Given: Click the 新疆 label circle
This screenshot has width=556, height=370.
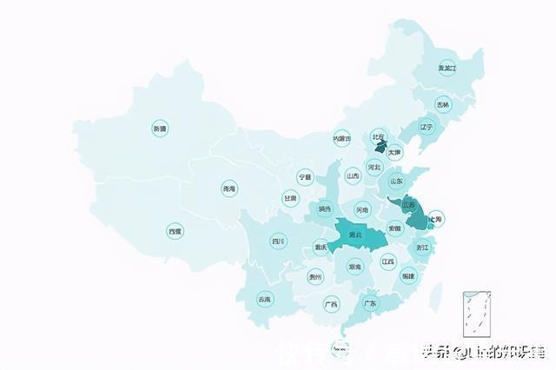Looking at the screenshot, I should pyautogui.click(x=159, y=129).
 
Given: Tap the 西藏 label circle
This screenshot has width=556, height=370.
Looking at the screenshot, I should pyautogui.click(x=175, y=231).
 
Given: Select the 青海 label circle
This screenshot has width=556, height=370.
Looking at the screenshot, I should pyautogui.click(x=228, y=188).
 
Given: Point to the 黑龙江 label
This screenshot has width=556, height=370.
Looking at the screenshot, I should pyautogui.click(x=447, y=68).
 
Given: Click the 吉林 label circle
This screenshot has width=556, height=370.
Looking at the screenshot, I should pyautogui.click(x=443, y=105).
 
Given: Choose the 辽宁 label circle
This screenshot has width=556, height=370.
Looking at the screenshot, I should pyautogui.click(x=426, y=127).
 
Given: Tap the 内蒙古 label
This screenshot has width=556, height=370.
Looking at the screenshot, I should pyautogui.click(x=341, y=138).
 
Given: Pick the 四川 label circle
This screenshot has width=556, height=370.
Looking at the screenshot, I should pyautogui.click(x=277, y=241).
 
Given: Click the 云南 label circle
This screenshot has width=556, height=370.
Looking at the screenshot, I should pyautogui.click(x=264, y=299).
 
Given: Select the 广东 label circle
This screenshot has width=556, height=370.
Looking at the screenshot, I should pyautogui.click(x=370, y=303).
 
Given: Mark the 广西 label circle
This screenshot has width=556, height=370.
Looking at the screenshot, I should pyautogui.click(x=331, y=304).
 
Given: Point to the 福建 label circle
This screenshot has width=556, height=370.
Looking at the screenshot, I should pyautogui.click(x=408, y=276).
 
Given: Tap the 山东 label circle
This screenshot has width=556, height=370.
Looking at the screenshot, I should pyautogui.click(x=396, y=182).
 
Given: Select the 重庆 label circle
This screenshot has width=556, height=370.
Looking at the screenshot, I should pyautogui.click(x=321, y=247).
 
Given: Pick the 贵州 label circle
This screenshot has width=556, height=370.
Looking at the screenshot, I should pyautogui.click(x=315, y=277).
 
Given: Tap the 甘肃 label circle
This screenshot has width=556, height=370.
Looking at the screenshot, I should pyautogui.click(x=289, y=198).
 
